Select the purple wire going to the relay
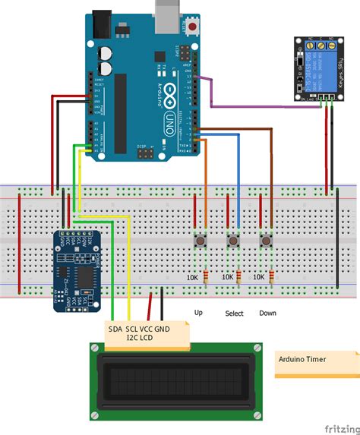[x=251, y=104]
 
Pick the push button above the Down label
[x=267, y=241]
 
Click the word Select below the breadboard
[x=235, y=314]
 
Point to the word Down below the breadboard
[x=267, y=313]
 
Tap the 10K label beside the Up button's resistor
[x=194, y=278]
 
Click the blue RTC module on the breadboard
[x=76, y=270]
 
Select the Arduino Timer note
[x=315, y=364]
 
